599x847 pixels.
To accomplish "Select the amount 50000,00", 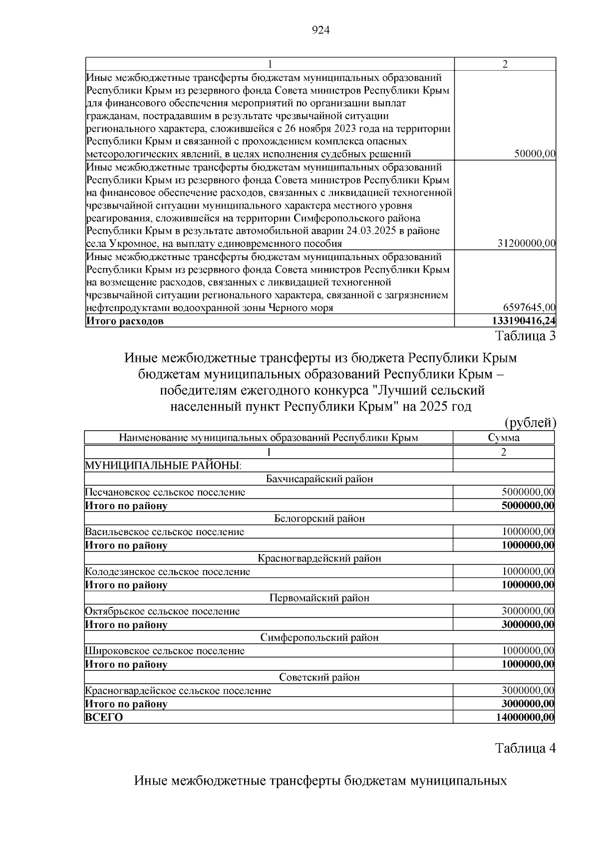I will (x=535, y=154).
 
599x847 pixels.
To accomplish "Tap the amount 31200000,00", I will (x=527, y=244).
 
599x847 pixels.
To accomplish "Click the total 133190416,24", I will (x=524, y=321).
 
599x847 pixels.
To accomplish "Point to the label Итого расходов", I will (x=125, y=321).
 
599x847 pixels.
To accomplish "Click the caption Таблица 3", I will (x=525, y=336).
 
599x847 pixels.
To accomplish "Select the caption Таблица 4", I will (x=525, y=748).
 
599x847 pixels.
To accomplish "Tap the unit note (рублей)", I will (x=530, y=423).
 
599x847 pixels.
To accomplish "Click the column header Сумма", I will (x=504, y=438).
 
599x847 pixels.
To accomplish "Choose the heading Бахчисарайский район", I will (x=319, y=479).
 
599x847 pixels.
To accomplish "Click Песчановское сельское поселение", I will (x=165, y=492).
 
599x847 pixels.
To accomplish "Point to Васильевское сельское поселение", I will (x=165, y=532).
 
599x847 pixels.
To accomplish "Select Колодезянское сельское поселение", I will (x=168, y=571).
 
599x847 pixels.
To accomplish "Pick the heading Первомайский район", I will (x=319, y=598).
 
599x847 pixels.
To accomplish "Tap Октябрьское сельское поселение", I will (x=162, y=611).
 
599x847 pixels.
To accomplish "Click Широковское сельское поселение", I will (x=165, y=651).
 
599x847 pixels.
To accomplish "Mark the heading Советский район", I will (x=319, y=677).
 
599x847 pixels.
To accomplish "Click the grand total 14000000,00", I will (x=525, y=717).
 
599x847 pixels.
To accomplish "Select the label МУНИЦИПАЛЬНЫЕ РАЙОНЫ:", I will (x=163, y=466).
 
